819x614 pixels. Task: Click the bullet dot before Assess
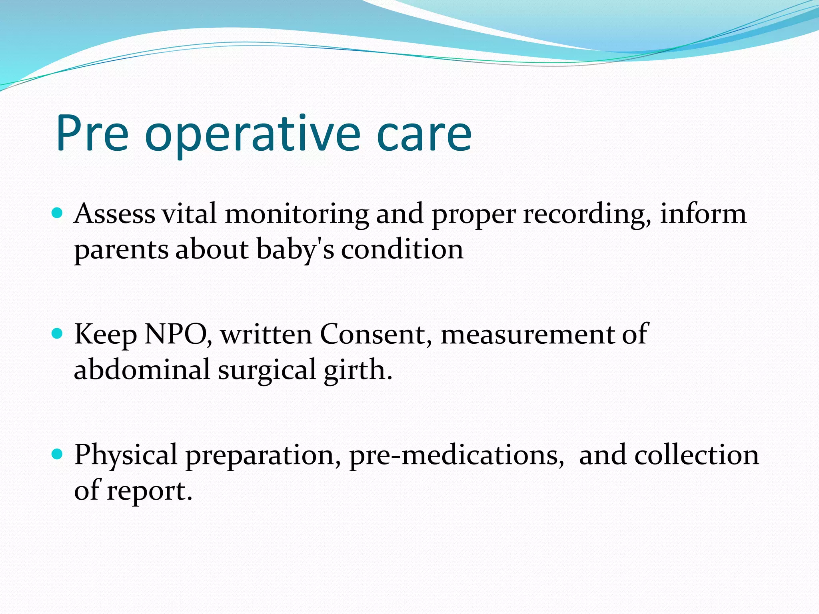coord(58,212)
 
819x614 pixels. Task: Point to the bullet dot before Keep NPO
coord(58,333)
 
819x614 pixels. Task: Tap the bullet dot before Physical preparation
coord(58,454)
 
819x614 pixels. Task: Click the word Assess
coord(114,213)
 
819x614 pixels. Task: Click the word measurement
coord(527,335)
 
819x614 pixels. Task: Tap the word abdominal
coord(142,369)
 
